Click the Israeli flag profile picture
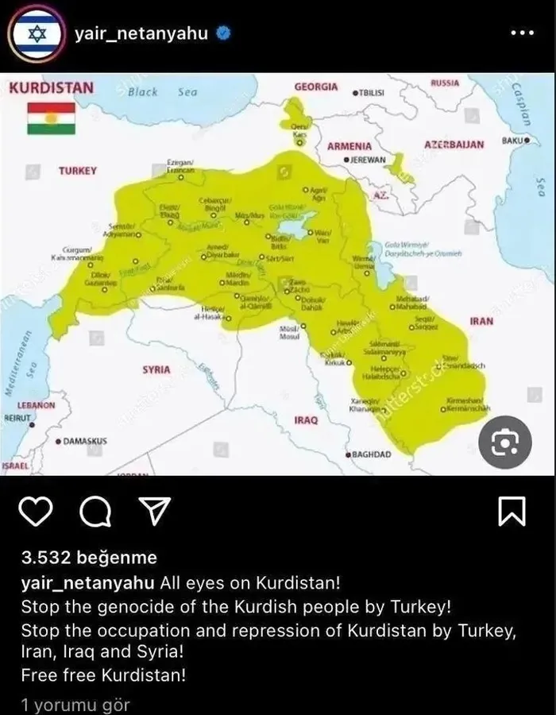(x=34, y=33)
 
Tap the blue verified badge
(x=225, y=34)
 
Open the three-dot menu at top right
(x=522, y=33)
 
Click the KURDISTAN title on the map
(x=51, y=87)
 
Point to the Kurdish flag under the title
(x=51, y=118)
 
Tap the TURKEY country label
(x=78, y=171)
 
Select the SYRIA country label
(x=156, y=370)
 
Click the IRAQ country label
(x=306, y=419)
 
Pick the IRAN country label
(x=481, y=322)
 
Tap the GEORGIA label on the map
(x=315, y=87)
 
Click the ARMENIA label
(x=349, y=146)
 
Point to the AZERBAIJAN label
(x=454, y=145)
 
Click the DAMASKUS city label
(x=82, y=440)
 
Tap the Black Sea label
(x=162, y=92)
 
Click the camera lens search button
(x=505, y=442)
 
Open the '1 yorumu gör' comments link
(x=75, y=704)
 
